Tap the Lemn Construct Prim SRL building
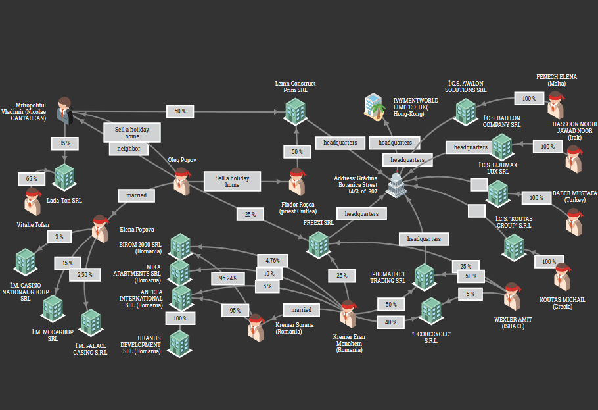tap(296, 111)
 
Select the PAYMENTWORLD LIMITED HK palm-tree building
tap(375, 105)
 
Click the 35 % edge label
tap(64, 142)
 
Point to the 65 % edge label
tap(32, 178)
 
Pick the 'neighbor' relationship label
tap(129, 149)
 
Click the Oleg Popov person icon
tap(182, 180)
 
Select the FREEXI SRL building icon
tap(319, 243)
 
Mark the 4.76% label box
tap(273, 260)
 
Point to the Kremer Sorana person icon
tap(256, 326)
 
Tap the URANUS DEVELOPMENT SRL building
tap(179, 342)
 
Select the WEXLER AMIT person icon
tap(513, 295)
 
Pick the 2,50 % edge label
tap(85, 274)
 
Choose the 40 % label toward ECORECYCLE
tap(390, 322)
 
